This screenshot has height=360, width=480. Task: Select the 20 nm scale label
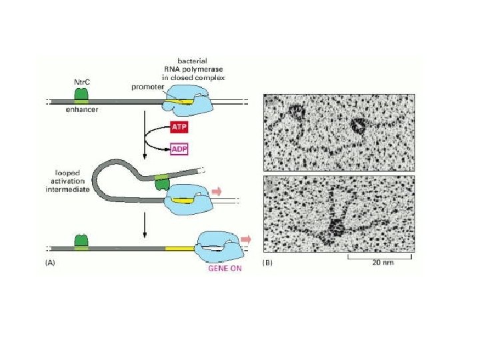click(x=385, y=263)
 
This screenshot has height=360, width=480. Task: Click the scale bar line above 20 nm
click(x=382, y=255)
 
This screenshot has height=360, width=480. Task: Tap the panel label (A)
click(x=50, y=263)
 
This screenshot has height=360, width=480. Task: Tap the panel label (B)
click(x=268, y=263)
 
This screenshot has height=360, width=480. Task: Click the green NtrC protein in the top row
click(x=80, y=95)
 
